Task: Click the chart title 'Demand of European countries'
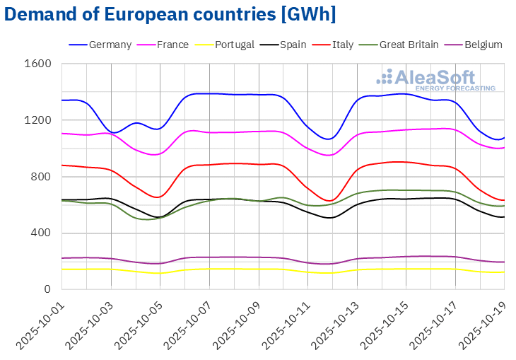170,14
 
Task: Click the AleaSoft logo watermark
435,80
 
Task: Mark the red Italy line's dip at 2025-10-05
160,197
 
